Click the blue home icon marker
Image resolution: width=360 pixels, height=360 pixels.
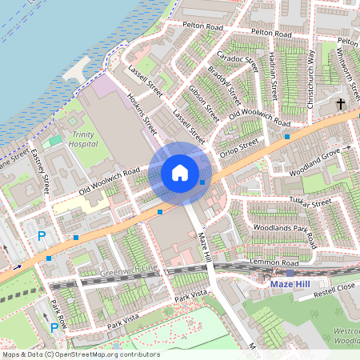(180, 172)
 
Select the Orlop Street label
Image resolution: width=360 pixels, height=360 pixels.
(241, 146)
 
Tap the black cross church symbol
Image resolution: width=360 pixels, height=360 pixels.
(340, 104)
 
